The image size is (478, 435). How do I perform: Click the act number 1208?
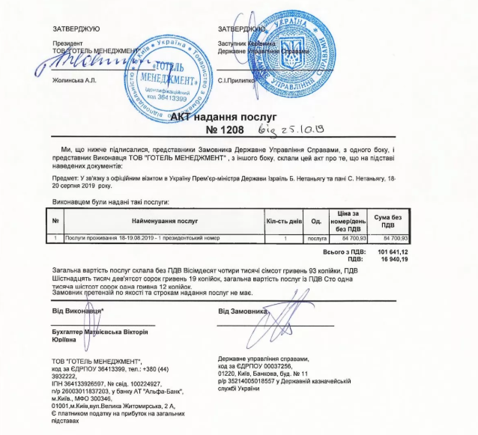[x=231, y=132]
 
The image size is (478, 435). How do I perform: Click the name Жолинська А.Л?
[x=74, y=77]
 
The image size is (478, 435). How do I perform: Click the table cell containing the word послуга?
[x=316, y=237]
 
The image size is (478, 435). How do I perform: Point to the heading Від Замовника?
[x=243, y=309]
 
